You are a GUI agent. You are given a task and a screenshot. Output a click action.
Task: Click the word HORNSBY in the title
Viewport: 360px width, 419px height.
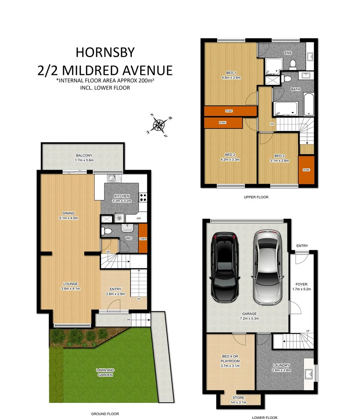[105, 52]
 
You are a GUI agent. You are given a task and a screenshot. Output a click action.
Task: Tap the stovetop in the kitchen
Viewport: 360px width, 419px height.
[143, 197]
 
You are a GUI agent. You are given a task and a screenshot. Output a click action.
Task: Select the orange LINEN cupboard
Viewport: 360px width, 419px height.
[143, 239]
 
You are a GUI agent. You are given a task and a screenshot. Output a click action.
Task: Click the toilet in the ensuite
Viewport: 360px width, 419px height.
[293, 64]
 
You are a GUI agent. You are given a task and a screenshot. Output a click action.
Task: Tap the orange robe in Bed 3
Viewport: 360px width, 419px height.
[307, 170]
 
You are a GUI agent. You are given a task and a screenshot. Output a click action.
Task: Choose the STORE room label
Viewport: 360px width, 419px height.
[238, 398]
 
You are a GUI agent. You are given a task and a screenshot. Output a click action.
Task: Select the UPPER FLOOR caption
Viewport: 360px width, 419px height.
[256, 197]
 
